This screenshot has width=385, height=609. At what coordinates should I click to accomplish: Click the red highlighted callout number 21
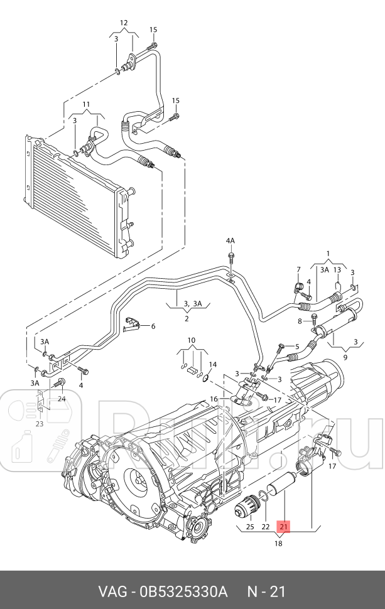(x=283, y=526)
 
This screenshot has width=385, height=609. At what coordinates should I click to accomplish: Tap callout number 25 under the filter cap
(x=249, y=526)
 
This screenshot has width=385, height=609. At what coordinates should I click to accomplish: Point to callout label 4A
(x=230, y=240)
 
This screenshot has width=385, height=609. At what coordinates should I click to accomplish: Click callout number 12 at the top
(x=124, y=23)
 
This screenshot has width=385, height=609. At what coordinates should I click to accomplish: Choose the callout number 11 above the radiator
(x=86, y=104)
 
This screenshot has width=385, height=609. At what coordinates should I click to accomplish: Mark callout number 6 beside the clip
(x=152, y=326)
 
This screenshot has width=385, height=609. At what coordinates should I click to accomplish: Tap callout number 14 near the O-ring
(x=212, y=364)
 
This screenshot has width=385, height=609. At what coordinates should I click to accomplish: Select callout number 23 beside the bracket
(x=39, y=423)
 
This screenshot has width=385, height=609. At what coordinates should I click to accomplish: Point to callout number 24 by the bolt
(x=62, y=398)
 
